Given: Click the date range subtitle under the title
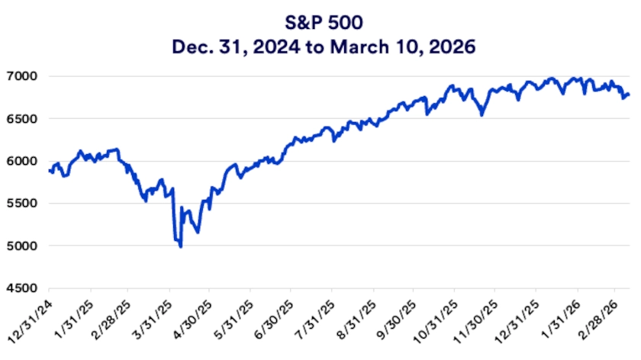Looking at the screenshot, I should pyautogui.click(x=320, y=47).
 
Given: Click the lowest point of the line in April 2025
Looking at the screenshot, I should pyautogui.click(x=180, y=246).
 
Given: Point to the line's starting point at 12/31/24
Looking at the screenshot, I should pyautogui.click(x=49, y=171).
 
